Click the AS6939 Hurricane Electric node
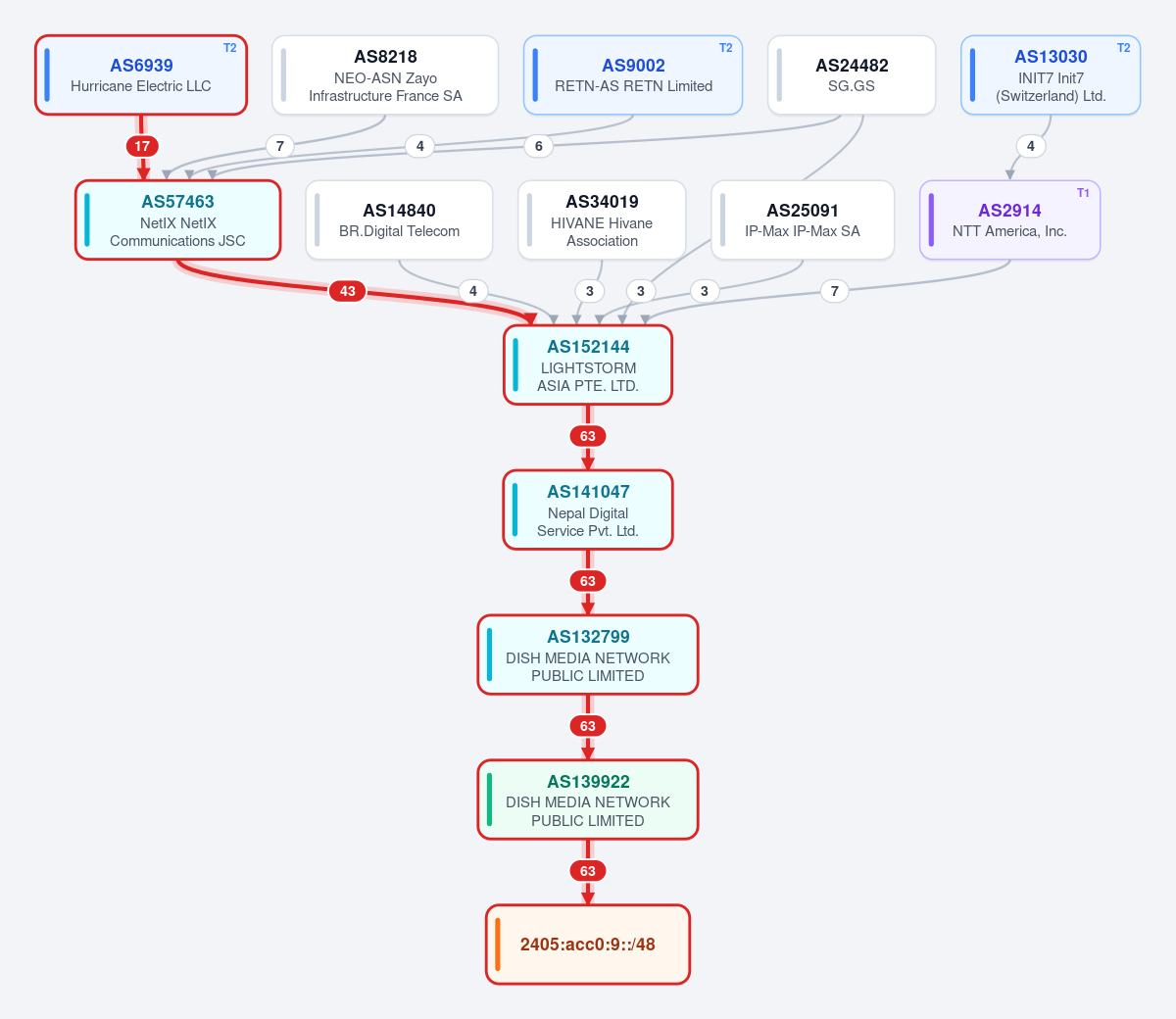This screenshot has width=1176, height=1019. tap(141, 75)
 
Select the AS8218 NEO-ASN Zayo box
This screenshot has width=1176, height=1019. tap(385, 75)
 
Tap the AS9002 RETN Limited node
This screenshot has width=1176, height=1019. tap(633, 75)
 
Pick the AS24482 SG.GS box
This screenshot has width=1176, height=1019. tap(852, 75)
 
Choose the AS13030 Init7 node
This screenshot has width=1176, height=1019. tap(1051, 75)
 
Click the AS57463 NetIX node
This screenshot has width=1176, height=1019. tap(178, 220)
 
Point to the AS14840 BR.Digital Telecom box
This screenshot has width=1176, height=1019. tap(399, 220)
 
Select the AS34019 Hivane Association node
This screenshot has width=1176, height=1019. tap(602, 220)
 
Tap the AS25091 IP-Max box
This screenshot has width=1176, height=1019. tap(803, 220)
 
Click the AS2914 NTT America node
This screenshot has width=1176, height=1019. tap(1009, 220)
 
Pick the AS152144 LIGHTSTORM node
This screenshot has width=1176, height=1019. tap(588, 365)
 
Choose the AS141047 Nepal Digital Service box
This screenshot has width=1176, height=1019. tap(588, 509)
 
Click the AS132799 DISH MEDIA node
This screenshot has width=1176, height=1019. tap(588, 655)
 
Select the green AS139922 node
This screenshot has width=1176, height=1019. tap(588, 800)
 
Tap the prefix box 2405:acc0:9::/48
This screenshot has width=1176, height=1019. tap(588, 945)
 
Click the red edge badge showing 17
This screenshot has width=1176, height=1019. tap(142, 146)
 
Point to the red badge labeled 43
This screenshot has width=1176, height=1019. tap(347, 291)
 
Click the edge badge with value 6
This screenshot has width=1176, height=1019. tap(538, 146)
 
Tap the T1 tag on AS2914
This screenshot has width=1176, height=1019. tap(1083, 193)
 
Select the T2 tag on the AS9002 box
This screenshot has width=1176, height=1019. tap(725, 48)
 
